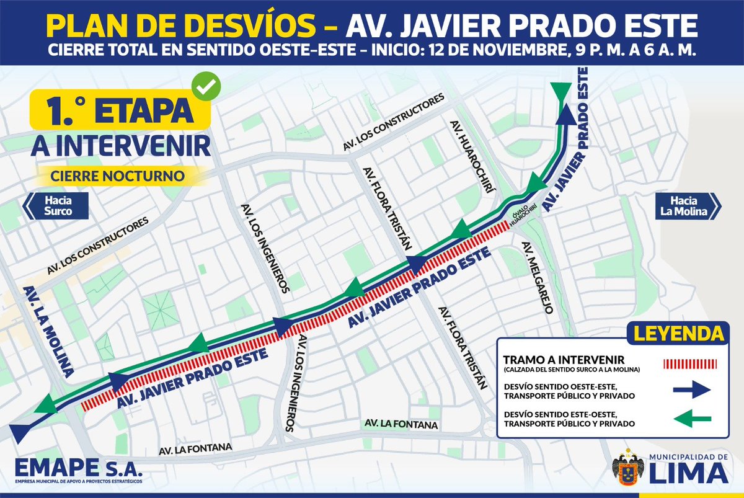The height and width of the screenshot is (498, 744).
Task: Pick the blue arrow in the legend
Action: pyautogui.click(x=692, y=389)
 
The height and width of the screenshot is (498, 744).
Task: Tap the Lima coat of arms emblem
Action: pyautogui.click(x=628, y=469)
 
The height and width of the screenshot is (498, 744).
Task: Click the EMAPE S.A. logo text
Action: pyautogui.click(x=79, y=467)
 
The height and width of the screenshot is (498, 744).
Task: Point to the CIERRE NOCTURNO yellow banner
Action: pyautogui.click(x=118, y=176)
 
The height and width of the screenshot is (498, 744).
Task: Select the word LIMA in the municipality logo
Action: pyautogui.click(x=689, y=473)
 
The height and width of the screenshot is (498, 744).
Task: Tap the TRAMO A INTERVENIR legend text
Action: pyautogui.click(x=564, y=360)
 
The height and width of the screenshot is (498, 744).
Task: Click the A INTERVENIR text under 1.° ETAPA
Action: pyautogui.click(x=120, y=146)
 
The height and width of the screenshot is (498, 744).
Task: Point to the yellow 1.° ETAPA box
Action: pyautogui.click(x=118, y=110)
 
